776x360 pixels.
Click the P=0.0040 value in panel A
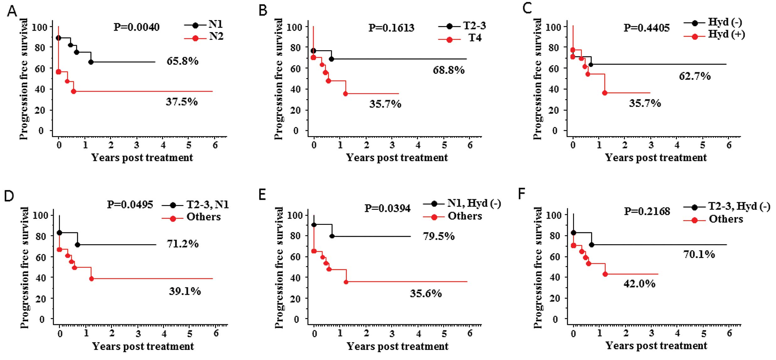click(x=136, y=27)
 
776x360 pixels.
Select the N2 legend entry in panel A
click(x=216, y=37)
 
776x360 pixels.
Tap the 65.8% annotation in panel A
click(x=182, y=61)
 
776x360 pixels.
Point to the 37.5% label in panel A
click(x=182, y=102)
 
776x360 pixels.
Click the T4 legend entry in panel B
click(x=475, y=38)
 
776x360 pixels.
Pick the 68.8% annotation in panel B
click(x=449, y=70)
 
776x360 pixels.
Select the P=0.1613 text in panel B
click(x=391, y=28)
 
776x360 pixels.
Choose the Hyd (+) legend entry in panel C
click(x=726, y=34)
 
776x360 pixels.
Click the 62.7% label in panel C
click(x=695, y=76)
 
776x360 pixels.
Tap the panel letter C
click(x=527, y=8)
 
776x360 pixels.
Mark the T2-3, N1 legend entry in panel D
click(x=207, y=205)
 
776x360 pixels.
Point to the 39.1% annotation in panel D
click(x=185, y=291)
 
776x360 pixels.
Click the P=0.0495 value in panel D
click(x=130, y=205)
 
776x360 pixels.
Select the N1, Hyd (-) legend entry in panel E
click(x=474, y=204)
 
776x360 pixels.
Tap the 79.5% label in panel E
click(x=438, y=236)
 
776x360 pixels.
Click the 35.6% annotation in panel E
click(x=426, y=294)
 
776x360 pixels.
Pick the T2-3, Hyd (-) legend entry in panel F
click(x=739, y=206)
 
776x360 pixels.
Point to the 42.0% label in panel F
click(x=639, y=284)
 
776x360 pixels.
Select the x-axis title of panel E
click(x=397, y=346)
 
